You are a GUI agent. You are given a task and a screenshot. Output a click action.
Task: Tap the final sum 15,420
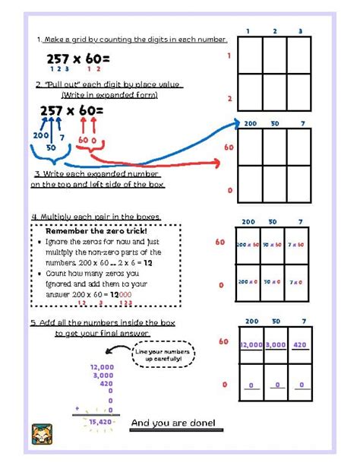99,420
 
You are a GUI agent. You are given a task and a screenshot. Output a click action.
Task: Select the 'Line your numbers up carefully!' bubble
163,354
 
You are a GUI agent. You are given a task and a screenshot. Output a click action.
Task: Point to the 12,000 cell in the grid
251,344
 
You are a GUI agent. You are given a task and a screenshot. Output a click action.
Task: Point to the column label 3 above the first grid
300,30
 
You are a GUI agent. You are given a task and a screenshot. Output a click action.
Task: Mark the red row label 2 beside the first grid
229,98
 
